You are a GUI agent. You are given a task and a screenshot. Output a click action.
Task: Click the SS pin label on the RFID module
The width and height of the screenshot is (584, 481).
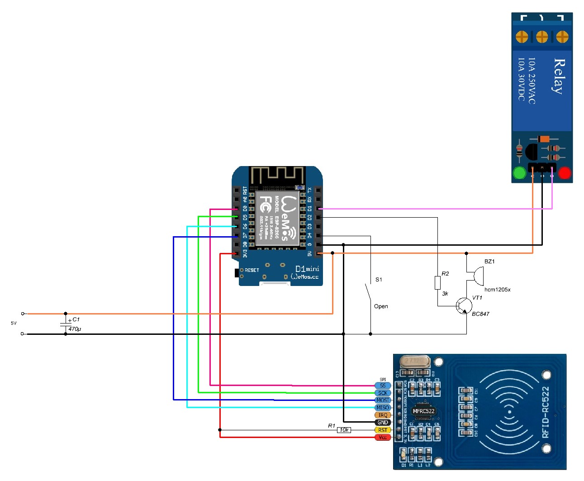(x=383, y=386)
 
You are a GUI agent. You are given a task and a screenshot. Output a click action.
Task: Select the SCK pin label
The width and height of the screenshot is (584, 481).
(x=383, y=393)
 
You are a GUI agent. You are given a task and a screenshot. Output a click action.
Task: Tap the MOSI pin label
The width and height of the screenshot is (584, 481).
(x=383, y=400)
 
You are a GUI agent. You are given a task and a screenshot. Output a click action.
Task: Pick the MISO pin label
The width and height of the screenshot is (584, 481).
(x=383, y=408)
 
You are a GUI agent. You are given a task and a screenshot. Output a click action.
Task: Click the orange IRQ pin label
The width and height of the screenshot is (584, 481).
(x=383, y=415)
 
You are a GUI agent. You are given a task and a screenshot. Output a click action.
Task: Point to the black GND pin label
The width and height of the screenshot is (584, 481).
(x=383, y=422)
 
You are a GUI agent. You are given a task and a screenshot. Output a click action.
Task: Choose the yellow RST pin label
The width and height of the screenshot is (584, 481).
(x=383, y=430)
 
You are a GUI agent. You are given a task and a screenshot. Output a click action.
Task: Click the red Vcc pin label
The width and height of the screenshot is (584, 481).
(x=383, y=437)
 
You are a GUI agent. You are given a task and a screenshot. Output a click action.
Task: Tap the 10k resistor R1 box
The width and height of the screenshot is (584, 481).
(x=344, y=430)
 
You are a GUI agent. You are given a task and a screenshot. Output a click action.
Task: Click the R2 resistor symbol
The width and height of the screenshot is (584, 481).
(x=437, y=283)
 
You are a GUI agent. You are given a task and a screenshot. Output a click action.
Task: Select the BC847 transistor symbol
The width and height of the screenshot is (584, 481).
(x=463, y=306)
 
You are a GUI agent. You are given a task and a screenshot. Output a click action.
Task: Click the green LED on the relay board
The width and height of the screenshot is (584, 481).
(x=519, y=172)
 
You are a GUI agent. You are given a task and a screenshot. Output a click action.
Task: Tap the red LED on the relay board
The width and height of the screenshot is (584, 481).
(x=565, y=172)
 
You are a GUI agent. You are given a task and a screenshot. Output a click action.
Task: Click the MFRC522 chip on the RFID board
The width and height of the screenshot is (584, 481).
(x=423, y=411)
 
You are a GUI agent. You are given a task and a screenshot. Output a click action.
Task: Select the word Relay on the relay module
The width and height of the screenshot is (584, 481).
(x=560, y=76)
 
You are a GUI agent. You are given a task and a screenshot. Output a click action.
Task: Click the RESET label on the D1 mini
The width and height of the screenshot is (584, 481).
(x=252, y=270)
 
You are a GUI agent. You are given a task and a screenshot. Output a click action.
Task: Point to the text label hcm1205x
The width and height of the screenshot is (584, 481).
(x=497, y=290)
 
